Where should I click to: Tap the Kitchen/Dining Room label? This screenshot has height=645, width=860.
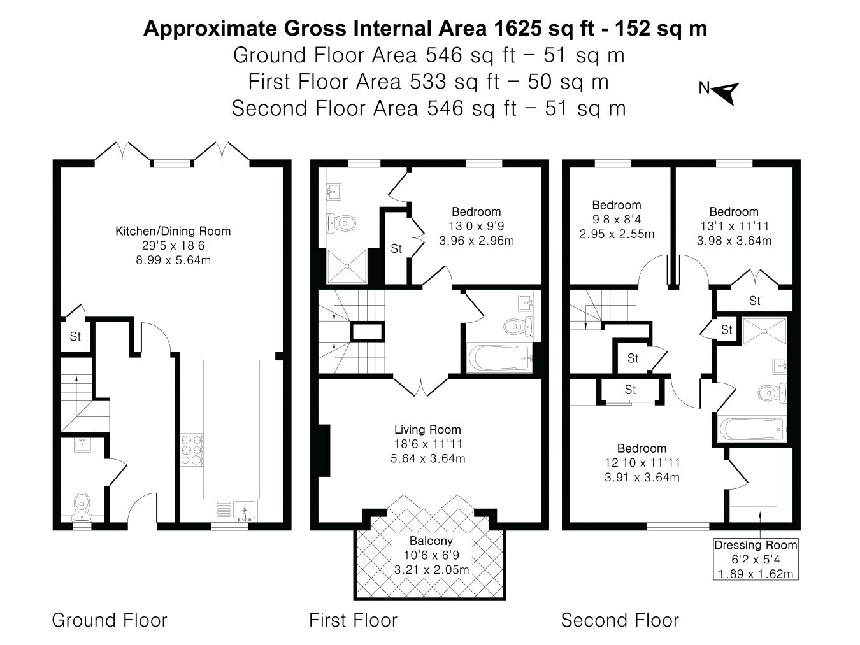point(173,231)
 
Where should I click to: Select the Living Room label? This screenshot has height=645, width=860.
point(427,430)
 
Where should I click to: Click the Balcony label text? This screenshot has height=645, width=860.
point(431,541)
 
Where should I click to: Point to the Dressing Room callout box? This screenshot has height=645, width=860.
point(756,559)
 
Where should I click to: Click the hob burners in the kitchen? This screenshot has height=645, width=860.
point(192,449)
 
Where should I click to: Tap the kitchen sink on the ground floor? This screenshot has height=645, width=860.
point(244,511)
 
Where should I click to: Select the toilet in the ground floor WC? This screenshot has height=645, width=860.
point(82,506)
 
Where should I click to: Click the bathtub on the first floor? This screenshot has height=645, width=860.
point(499,358)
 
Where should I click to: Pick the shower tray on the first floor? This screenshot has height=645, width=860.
point(347,266)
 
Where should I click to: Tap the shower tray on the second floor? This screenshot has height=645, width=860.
point(764,332)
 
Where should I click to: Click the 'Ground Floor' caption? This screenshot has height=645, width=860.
point(110,620)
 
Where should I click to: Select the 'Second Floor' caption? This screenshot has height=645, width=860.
point(619,620)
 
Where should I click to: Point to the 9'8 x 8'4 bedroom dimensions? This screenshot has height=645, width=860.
point(617,220)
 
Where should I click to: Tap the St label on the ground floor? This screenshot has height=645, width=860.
point(75,336)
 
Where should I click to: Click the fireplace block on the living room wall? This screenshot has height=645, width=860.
point(324,450)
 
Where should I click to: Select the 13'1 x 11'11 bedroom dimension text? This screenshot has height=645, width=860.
point(734,227)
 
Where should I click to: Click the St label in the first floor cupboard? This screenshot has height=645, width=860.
point(396,248)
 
